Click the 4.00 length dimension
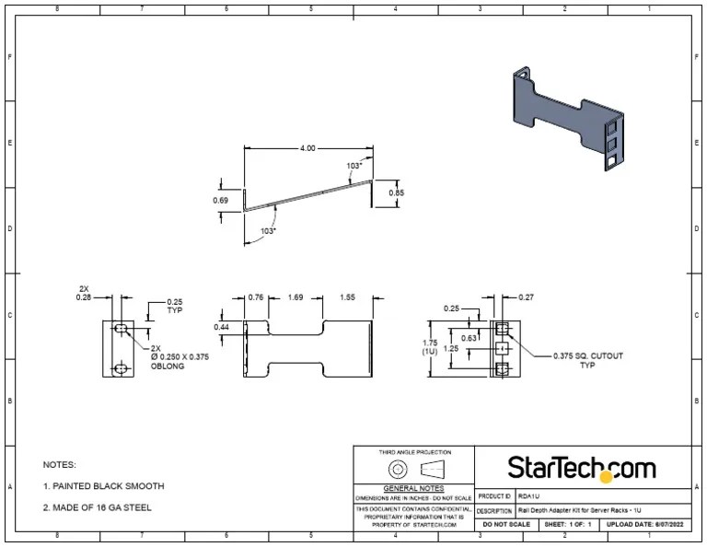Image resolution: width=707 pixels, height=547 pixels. point(307,148)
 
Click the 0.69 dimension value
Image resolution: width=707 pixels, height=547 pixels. point(221,200)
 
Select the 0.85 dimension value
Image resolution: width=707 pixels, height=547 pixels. point(396,193)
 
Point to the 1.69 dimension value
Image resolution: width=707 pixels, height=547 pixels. point(296,297)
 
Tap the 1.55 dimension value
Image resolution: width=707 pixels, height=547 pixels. point(347,297)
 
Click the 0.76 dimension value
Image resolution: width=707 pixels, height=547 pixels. point(256,297)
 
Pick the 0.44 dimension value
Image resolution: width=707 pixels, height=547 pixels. point(222,327)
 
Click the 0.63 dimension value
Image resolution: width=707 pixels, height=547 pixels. point(468,338)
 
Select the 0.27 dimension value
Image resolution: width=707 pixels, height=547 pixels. point(526,297)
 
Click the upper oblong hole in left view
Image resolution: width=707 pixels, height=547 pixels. point(120,329)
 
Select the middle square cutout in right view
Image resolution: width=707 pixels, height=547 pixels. point(502,349)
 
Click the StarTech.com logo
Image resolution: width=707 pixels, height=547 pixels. point(582,468)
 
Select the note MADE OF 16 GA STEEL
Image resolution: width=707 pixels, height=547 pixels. point(98,507)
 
